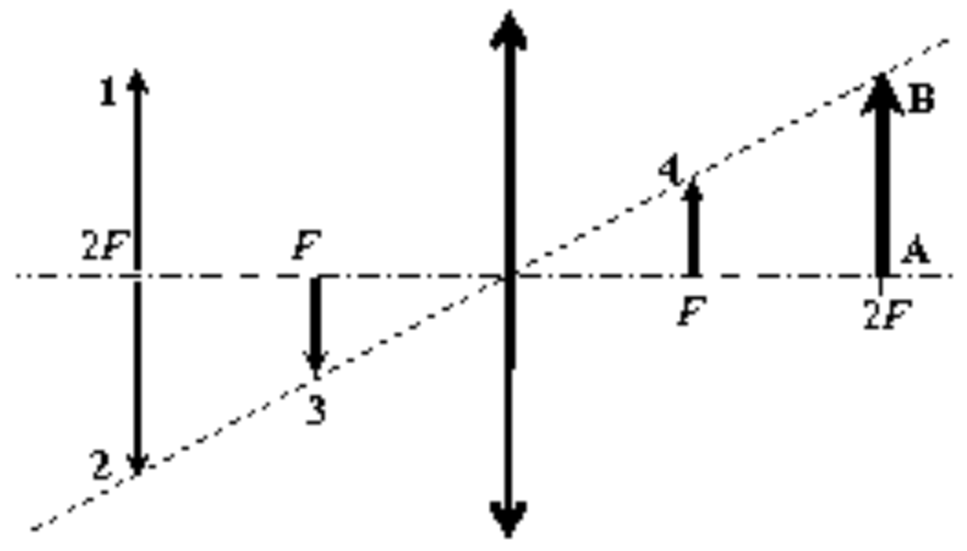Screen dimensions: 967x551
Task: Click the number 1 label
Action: click(108, 94)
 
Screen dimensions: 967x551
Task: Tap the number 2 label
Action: click(103, 466)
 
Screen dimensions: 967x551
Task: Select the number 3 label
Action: click(317, 411)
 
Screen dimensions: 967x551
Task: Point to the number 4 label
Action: click(669, 171)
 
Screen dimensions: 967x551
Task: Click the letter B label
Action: click(921, 99)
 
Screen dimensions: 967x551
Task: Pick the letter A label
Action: click(916, 251)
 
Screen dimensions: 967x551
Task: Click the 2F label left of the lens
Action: click(105, 247)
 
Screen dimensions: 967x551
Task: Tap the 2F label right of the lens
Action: click(887, 315)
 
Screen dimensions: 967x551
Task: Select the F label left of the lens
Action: click(306, 246)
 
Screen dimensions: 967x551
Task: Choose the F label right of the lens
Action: click(692, 311)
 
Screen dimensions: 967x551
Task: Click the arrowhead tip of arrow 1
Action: click(137, 71)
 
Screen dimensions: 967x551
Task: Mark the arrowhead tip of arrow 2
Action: click(137, 476)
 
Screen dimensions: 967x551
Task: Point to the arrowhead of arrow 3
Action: click(316, 364)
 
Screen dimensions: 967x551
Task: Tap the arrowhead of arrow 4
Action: click(694, 188)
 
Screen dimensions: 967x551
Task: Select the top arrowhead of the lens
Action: click(508, 29)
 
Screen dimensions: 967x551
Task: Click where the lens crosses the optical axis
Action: click(509, 275)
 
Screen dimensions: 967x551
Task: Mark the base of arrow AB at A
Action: click(883, 275)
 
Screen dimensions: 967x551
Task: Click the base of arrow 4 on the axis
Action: click(694, 275)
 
